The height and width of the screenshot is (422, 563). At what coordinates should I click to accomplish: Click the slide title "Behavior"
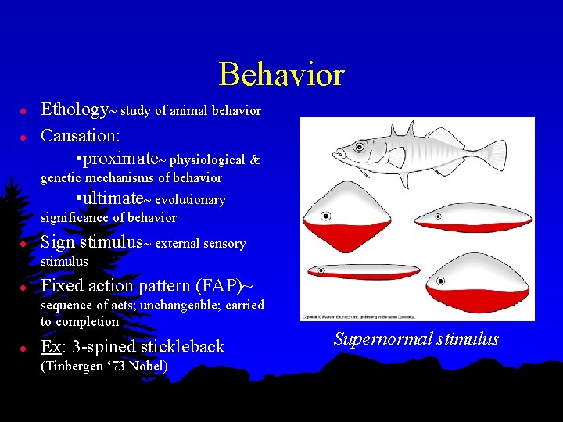point(281,74)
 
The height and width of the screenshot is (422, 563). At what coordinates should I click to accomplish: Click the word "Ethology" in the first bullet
point(74,109)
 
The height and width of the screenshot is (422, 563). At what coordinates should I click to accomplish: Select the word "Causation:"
point(80,135)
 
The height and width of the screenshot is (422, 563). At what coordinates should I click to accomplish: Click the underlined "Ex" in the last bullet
point(51,346)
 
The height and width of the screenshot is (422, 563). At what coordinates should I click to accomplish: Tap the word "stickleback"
point(181,346)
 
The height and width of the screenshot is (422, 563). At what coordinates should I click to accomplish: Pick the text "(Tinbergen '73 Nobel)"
point(104,366)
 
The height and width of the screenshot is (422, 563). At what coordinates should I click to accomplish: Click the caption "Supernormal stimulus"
point(416,339)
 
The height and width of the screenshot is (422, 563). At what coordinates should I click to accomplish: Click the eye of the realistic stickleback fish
point(359,146)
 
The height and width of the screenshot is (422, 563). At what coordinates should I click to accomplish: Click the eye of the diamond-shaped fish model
point(325,216)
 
